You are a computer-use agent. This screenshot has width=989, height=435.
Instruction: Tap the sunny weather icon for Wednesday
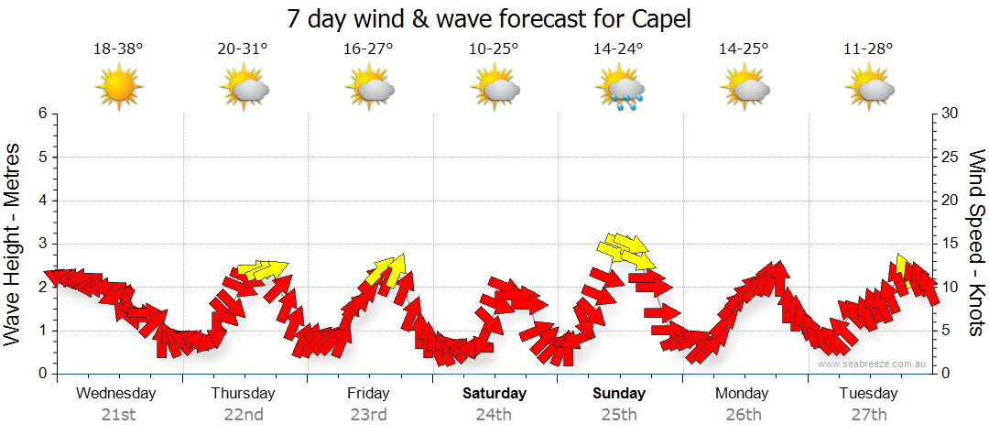[x=119, y=88]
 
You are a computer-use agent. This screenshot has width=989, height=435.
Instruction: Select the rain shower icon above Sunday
[x=621, y=89]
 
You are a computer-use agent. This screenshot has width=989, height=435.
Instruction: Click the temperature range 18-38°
[x=118, y=49]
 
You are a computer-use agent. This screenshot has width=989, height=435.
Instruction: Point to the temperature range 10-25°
[x=494, y=49]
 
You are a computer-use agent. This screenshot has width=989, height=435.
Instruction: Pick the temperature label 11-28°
[x=869, y=49]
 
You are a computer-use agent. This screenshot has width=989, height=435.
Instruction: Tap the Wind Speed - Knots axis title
[x=974, y=244]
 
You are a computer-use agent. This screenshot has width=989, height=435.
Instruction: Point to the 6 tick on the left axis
[x=42, y=114]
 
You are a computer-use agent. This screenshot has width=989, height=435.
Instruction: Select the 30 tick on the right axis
[x=951, y=114]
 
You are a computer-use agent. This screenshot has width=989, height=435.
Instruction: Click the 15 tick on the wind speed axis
[x=951, y=244]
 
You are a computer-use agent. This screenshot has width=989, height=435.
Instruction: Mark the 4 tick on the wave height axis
[x=42, y=201]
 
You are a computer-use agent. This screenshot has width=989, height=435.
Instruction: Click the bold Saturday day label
[x=494, y=394]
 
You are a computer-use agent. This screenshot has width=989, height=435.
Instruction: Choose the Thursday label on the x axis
[x=243, y=394]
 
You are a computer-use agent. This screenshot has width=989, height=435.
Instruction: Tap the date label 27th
[x=869, y=414]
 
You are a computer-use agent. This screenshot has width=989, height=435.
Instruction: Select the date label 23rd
[x=368, y=414]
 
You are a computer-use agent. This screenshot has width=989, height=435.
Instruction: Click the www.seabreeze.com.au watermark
[x=874, y=364]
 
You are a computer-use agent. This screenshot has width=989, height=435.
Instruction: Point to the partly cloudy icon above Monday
[x=744, y=89]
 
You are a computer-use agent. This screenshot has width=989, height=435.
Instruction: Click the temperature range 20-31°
[x=244, y=49]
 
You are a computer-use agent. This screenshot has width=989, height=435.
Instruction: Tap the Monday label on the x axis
[x=743, y=394]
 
